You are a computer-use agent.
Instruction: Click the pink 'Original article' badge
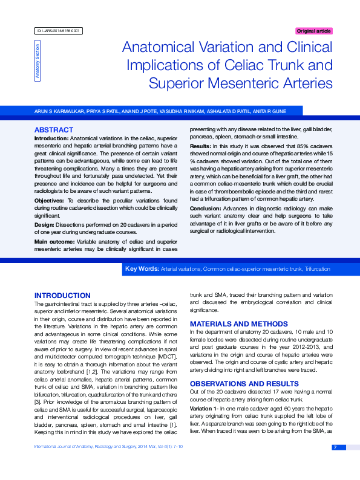coord(313,31)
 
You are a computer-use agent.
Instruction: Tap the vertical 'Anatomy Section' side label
coord(38,61)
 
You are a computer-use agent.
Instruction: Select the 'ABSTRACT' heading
coord(54,130)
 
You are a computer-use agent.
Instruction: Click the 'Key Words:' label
coord(141,268)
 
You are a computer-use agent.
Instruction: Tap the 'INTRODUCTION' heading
coord(62,296)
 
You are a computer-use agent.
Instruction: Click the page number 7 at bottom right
coord(335,447)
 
